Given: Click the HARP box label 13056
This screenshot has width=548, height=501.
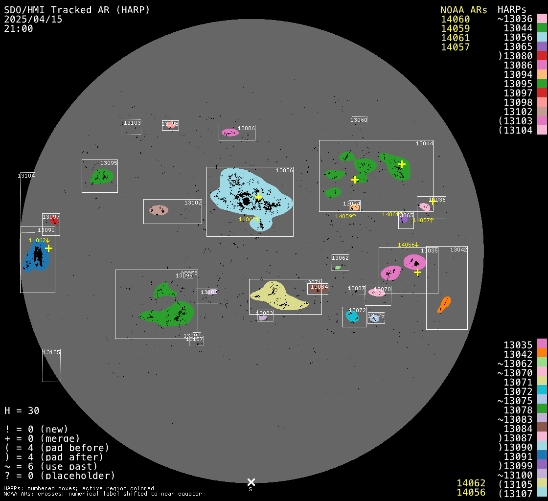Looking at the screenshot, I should tap(284, 171).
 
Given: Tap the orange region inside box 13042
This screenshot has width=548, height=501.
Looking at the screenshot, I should tap(444, 305).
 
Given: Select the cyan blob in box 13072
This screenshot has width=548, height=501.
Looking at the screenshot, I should tap(352, 316).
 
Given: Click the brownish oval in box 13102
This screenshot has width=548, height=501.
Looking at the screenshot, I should tap(159, 210).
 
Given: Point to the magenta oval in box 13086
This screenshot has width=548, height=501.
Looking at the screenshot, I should tap(229, 132).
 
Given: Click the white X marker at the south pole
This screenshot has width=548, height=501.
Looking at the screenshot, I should tap(251, 482).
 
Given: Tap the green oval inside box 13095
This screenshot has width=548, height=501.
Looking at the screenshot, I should tap(102, 176).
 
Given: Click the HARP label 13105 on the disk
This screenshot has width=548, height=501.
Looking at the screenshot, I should tap(51, 352).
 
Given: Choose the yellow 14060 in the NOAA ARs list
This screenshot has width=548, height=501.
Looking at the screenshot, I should tap(455, 20).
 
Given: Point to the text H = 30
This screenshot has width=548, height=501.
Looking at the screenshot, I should tap(22, 410).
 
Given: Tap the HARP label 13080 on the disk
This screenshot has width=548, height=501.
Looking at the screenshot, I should tap(359, 120).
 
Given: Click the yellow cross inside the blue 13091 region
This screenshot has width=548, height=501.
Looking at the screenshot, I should tap(48, 249).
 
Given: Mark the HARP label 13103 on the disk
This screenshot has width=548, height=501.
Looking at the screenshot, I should tap(132, 123).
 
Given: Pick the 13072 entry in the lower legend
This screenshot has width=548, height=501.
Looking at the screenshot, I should tap(518, 391).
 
